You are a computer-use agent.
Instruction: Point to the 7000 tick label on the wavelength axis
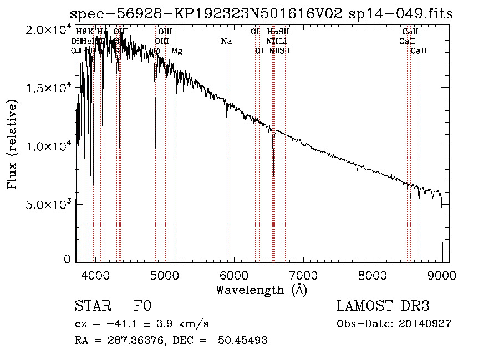(303, 275)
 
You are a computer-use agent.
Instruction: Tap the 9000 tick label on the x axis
(442, 275)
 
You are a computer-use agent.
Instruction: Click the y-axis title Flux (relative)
(12, 144)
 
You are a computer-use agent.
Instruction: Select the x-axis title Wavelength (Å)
(261, 290)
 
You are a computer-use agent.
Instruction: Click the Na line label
(226, 41)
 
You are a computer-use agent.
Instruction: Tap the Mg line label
(176, 51)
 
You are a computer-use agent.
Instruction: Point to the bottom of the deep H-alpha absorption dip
(273, 175)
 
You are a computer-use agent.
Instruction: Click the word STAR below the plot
(91, 306)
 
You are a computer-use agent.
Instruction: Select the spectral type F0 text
(142, 306)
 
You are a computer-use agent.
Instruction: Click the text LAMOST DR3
(383, 306)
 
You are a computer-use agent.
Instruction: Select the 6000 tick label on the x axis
(233, 275)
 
